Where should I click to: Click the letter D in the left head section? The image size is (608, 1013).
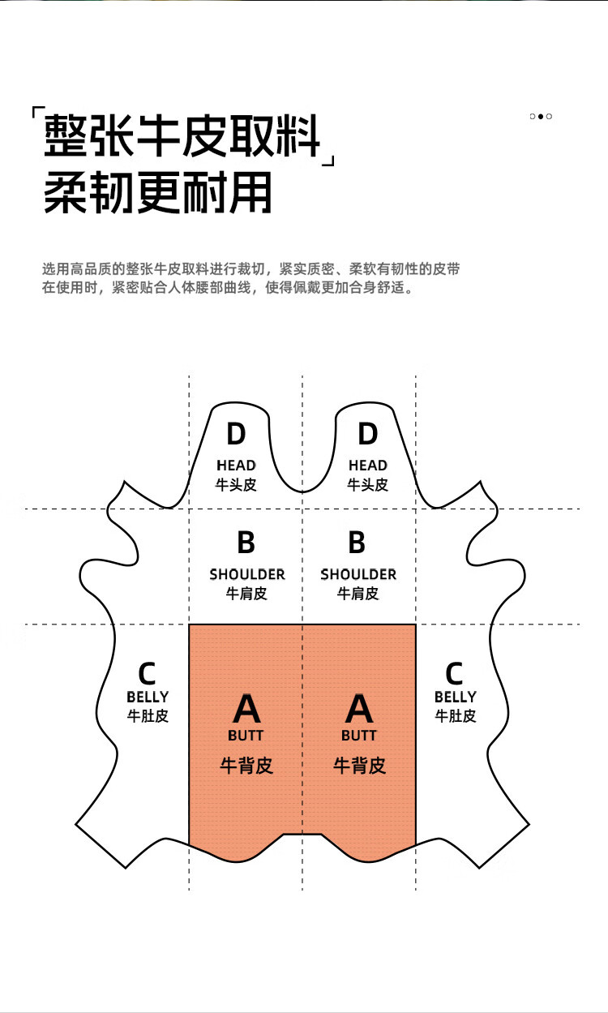(x=236, y=434)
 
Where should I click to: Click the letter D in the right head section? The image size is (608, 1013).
(x=367, y=434)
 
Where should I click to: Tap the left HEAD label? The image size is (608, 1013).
(x=236, y=465)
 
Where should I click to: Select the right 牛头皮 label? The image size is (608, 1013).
(x=367, y=484)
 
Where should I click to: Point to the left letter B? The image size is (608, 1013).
(x=246, y=542)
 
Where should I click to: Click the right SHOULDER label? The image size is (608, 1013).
(x=358, y=574)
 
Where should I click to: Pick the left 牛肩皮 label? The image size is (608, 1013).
(x=246, y=593)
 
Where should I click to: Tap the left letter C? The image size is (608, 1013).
(x=147, y=674)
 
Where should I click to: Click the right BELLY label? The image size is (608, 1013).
(x=456, y=697)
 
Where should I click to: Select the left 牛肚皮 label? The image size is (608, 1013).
(x=148, y=715)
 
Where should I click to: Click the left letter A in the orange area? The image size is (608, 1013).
(x=246, y=709)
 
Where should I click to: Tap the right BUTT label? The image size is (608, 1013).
(x=358, y=736)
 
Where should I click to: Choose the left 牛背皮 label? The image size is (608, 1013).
(x=246, y=765)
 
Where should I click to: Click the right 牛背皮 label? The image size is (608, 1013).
(x=359, y=765)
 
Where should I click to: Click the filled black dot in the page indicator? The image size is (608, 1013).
(x=540, y=116)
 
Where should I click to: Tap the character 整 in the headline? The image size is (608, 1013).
(x=66, y=135)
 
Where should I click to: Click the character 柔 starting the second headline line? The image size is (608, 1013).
(x=66, y=191)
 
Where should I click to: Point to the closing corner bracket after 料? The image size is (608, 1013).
(x=328, y=161)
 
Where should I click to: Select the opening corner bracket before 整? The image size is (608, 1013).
(x=38, y=113)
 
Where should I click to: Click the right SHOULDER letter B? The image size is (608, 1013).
(x=357, y=542)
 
